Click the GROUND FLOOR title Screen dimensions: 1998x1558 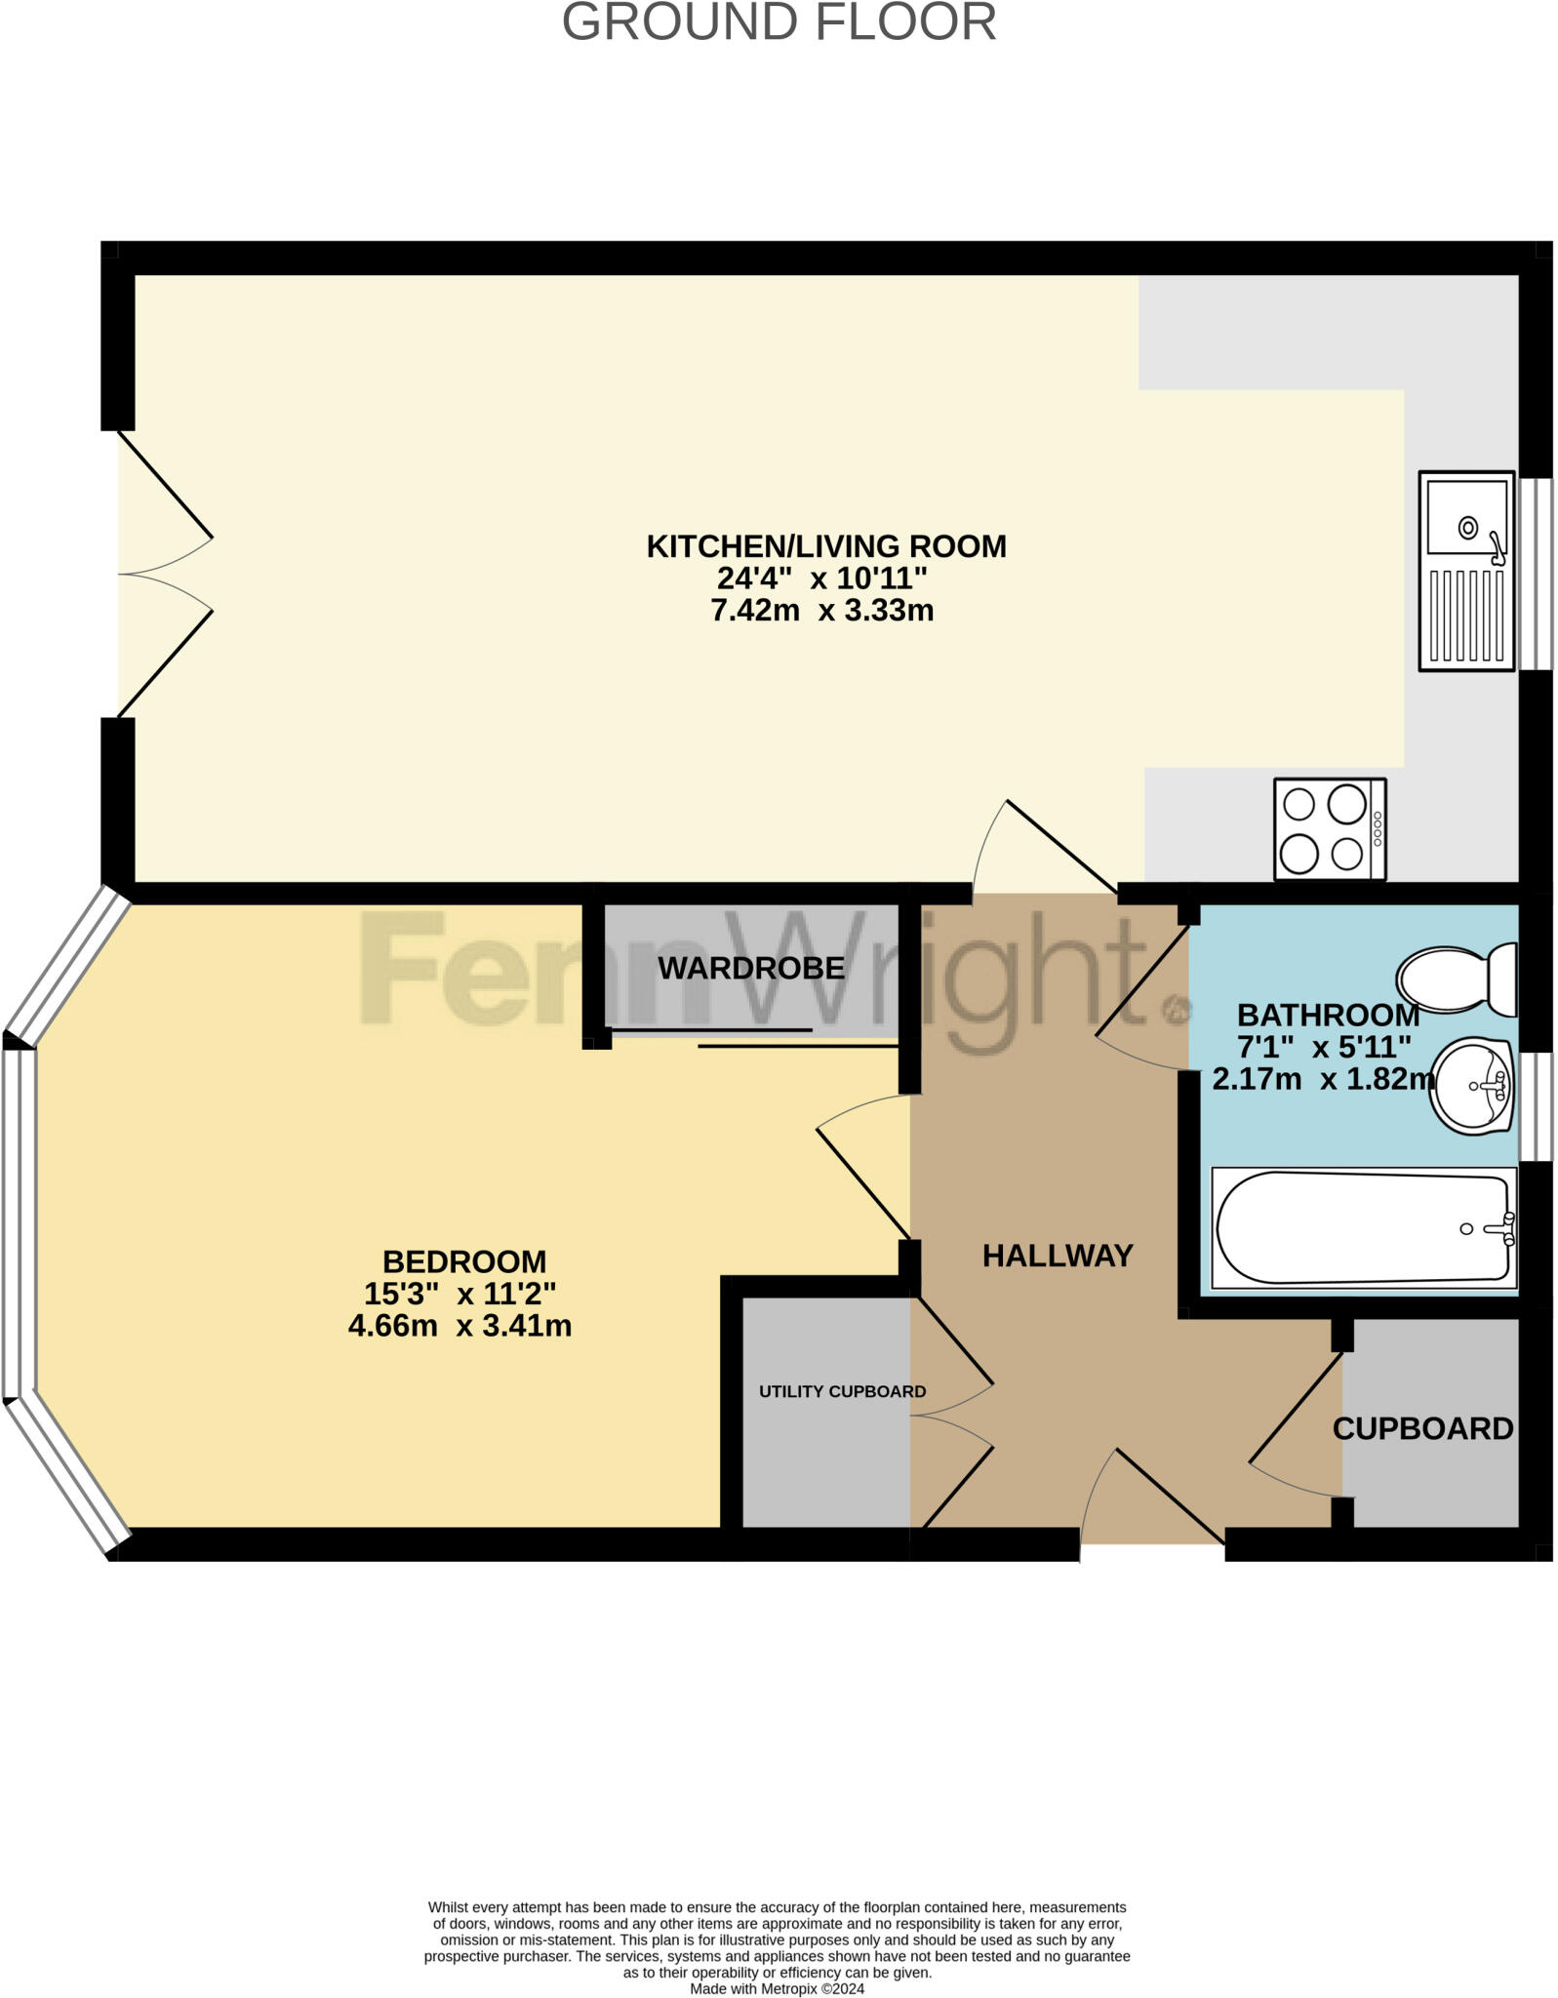pos(779,21)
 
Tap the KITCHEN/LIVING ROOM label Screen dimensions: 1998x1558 pos(825,546)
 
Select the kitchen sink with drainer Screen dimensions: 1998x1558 pos(1466,572)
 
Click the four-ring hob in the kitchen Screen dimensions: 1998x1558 pos(1329,829)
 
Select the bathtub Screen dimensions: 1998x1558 pos(1363,1228)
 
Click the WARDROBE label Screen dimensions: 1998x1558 pos(751,969)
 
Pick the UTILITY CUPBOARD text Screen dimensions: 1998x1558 pos(842,1391)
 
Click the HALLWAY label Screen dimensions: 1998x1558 pos(1058,1256)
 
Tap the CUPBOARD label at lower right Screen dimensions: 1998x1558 pos(1422,1428)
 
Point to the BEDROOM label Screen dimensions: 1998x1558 pos(464,1261)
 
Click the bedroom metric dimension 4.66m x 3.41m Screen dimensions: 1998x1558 pos(459,1326)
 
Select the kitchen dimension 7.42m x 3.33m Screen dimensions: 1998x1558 pos(821,611)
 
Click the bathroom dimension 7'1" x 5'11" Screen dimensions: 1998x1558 pos(1324,1047)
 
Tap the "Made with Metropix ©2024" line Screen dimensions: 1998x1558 pos(777,1988)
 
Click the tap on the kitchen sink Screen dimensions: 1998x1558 pos(1497,548)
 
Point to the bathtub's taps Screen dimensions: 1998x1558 pos(1506,1229)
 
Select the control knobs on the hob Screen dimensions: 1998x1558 pos(1378,830)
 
